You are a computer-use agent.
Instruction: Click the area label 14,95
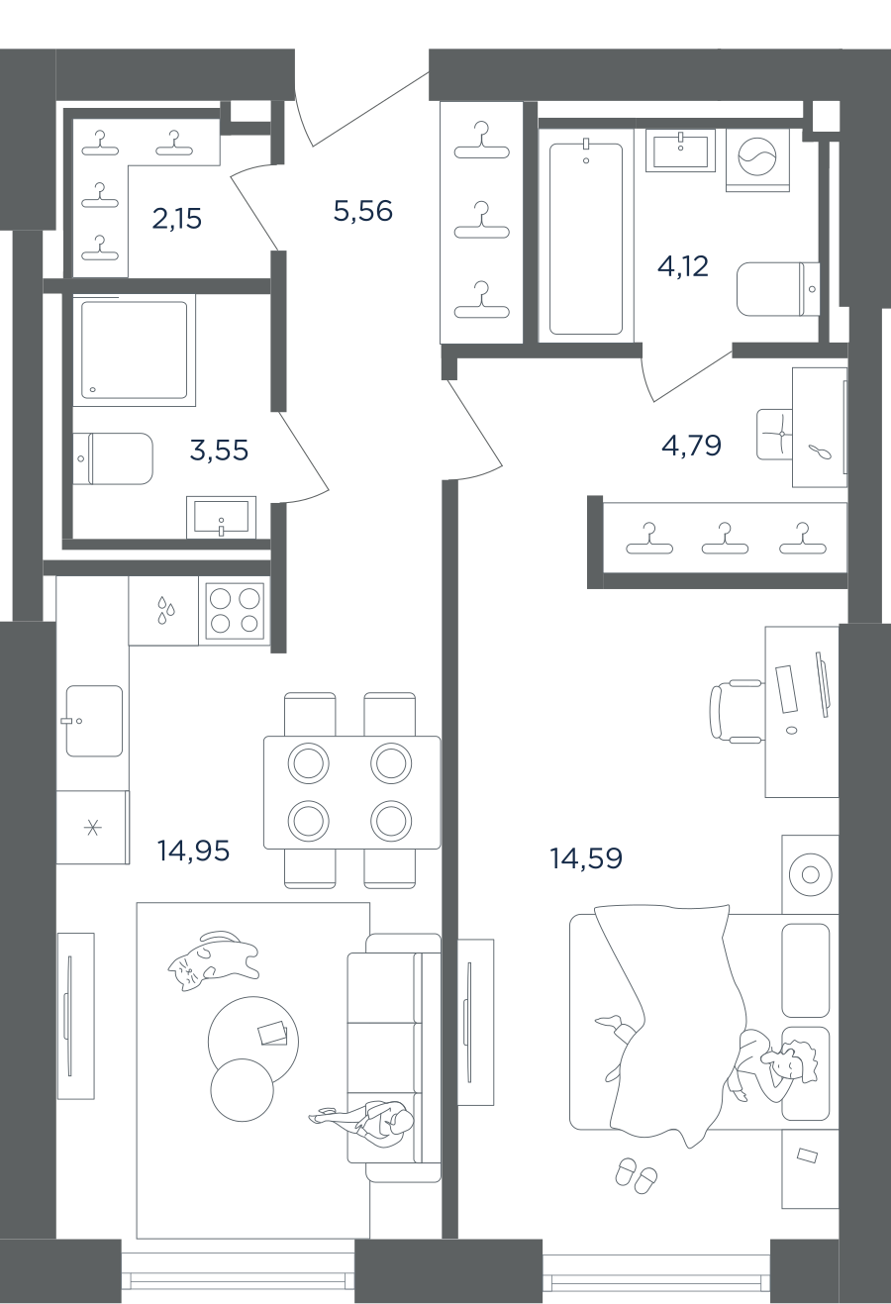click(193, 852)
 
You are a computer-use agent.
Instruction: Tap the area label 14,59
click(586, 858)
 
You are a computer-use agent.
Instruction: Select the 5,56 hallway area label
click(363, 210)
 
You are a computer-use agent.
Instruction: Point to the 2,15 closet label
click(176, 219)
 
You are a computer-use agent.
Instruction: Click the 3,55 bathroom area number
click(220, 450)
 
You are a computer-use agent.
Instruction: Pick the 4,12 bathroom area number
click(683, 266)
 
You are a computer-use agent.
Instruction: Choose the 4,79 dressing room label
click(691, 446)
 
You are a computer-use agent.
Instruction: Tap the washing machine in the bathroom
click(757, 159)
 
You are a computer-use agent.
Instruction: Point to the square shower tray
click(134, 351)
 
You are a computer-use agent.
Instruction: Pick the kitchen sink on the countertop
click(94, 721)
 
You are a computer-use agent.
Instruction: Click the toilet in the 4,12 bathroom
click(778, 289)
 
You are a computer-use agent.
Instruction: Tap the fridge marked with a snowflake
click(92, 827)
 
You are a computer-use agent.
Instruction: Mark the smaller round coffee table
click(243, 1087)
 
